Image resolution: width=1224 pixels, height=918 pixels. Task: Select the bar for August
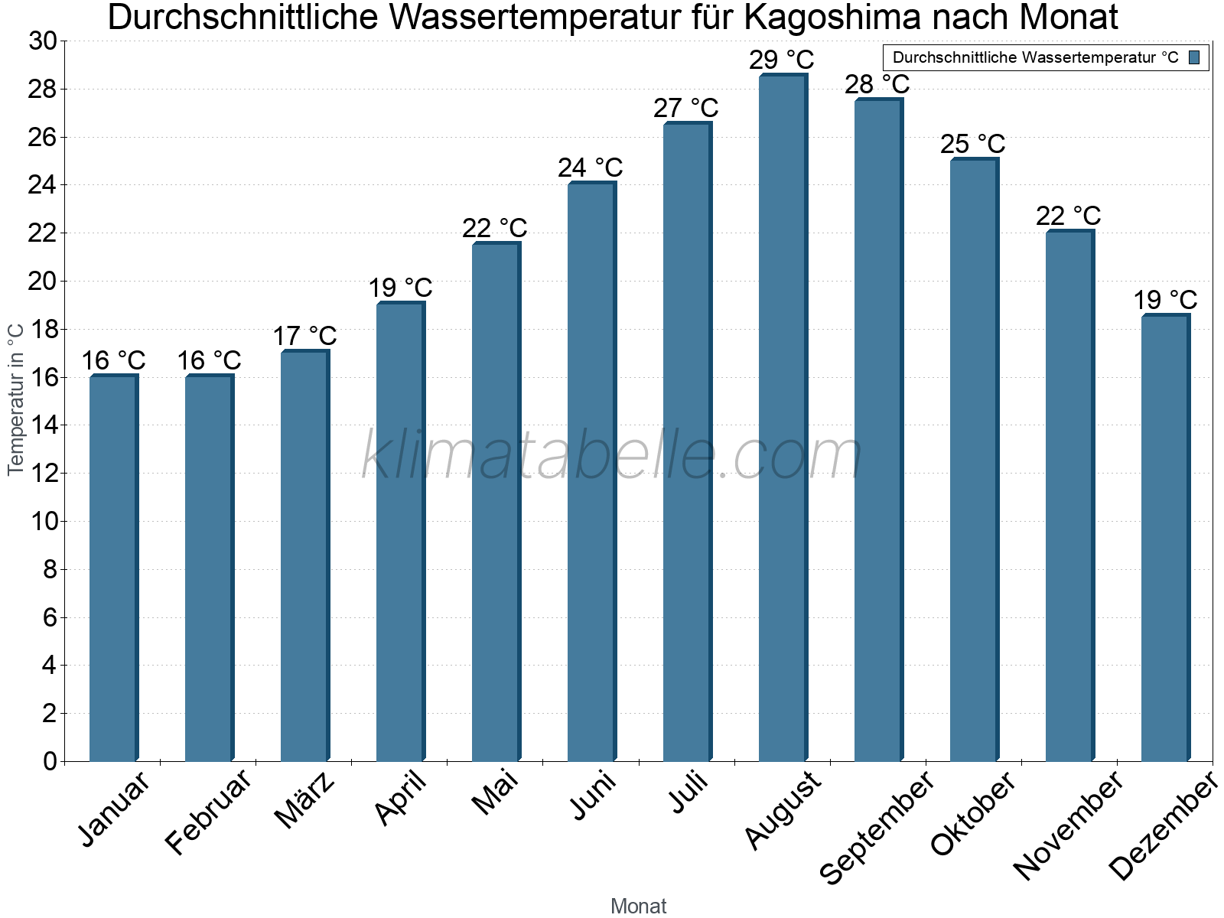783,417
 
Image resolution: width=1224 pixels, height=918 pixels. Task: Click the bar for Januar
113,568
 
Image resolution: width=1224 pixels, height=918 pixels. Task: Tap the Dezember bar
1165,538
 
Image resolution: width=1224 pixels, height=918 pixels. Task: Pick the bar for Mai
496,502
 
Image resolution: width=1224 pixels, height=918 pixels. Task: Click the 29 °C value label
781,59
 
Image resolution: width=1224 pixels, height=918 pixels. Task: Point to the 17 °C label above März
304,336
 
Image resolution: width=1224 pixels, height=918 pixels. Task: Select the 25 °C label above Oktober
972,143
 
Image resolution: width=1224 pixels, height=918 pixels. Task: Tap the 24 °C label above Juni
590,168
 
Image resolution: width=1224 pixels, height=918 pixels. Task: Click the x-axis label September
877,826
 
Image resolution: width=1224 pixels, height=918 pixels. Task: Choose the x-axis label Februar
208,811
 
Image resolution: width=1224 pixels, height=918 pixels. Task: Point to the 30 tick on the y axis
43,41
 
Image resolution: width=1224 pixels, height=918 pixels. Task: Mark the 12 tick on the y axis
43,474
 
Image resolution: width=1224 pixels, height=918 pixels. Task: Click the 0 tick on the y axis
50,761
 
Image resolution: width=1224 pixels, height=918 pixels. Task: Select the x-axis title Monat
638,906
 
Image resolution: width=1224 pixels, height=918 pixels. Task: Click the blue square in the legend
1195,57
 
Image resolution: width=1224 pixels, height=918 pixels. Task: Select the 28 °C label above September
877,83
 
